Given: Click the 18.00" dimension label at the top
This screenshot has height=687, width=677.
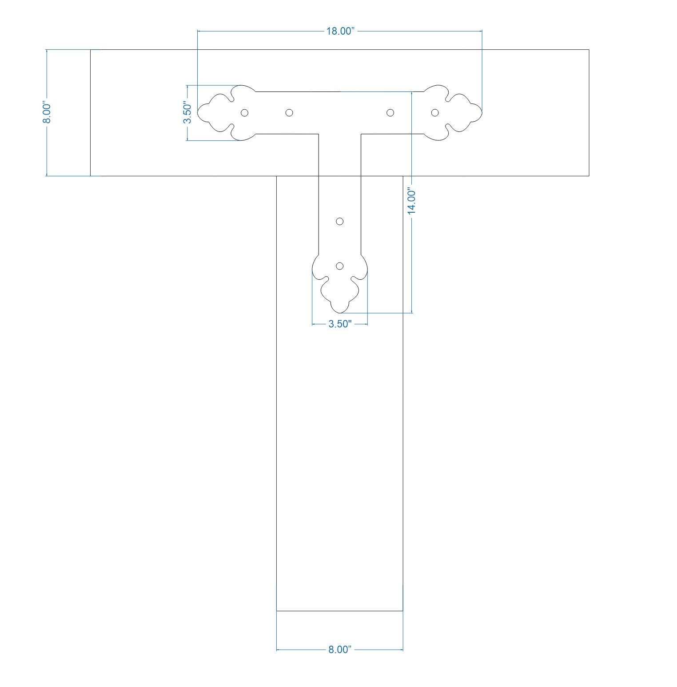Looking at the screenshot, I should pos(340,31).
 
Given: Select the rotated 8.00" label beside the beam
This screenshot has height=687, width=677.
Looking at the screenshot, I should pos(47,113).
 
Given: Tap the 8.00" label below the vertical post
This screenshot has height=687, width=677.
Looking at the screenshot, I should pos(340,649).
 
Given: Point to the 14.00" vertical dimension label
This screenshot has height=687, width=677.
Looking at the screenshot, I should pos(412,202).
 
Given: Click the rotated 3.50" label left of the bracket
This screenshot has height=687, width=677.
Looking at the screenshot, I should pos(187,113).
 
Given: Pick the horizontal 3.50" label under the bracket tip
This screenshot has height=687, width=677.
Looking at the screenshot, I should pos(340,324).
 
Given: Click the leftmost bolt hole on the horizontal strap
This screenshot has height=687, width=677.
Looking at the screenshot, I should pos(244,113).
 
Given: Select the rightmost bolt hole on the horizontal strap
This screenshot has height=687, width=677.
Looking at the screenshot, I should pos(435,113).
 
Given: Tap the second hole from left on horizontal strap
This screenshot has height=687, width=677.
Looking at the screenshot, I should pos(289,113).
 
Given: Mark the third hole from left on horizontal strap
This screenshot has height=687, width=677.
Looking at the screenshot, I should pos(390,113).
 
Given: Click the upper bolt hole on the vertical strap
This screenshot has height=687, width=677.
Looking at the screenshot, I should pos(340,221).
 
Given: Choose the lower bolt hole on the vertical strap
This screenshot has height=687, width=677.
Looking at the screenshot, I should pos(340,266).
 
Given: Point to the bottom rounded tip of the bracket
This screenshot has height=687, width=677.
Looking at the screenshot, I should pos(340,312).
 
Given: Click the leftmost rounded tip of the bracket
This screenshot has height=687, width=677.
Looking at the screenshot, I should pos(199,113).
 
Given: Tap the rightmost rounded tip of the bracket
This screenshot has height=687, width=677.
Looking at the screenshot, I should pos(481,113).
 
